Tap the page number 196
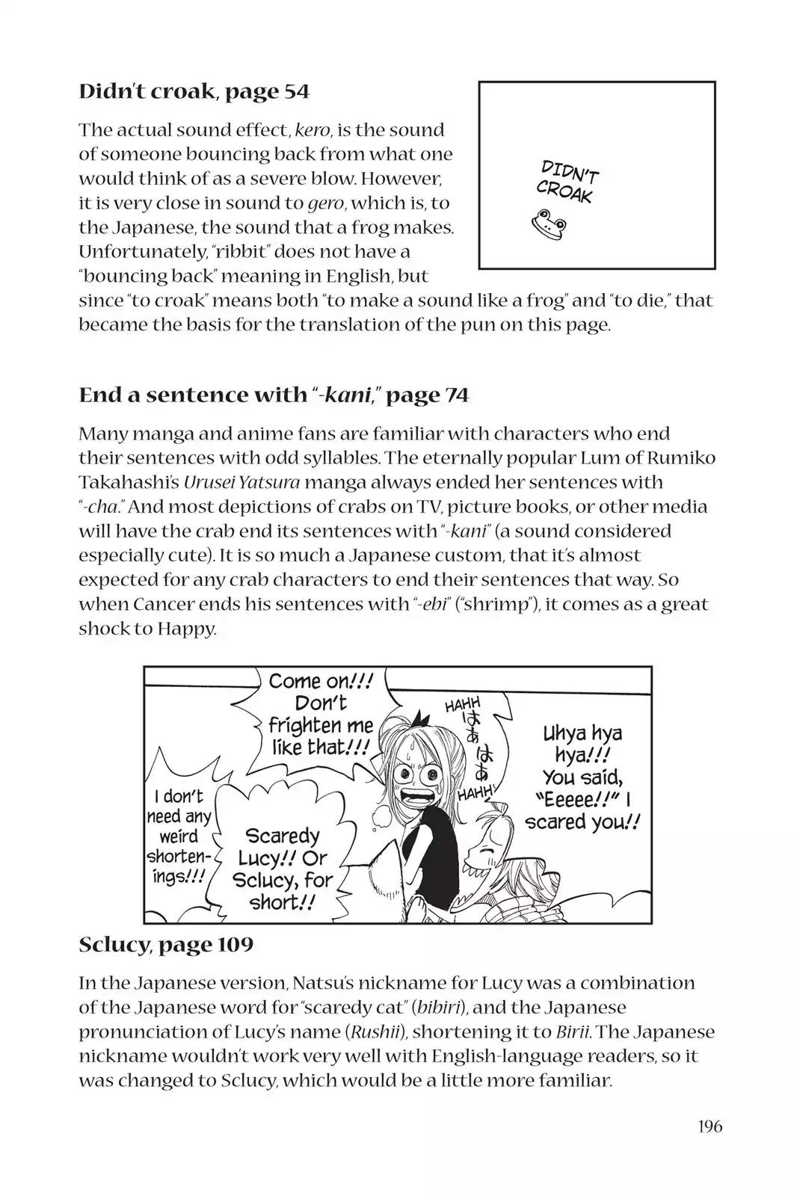[707, 1126]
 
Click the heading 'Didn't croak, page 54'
[194, 92]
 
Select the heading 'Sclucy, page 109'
[166, 945]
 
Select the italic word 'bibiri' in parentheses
[445, 1008]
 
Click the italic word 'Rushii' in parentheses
[375, 1032]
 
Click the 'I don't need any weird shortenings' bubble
[179, 836]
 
